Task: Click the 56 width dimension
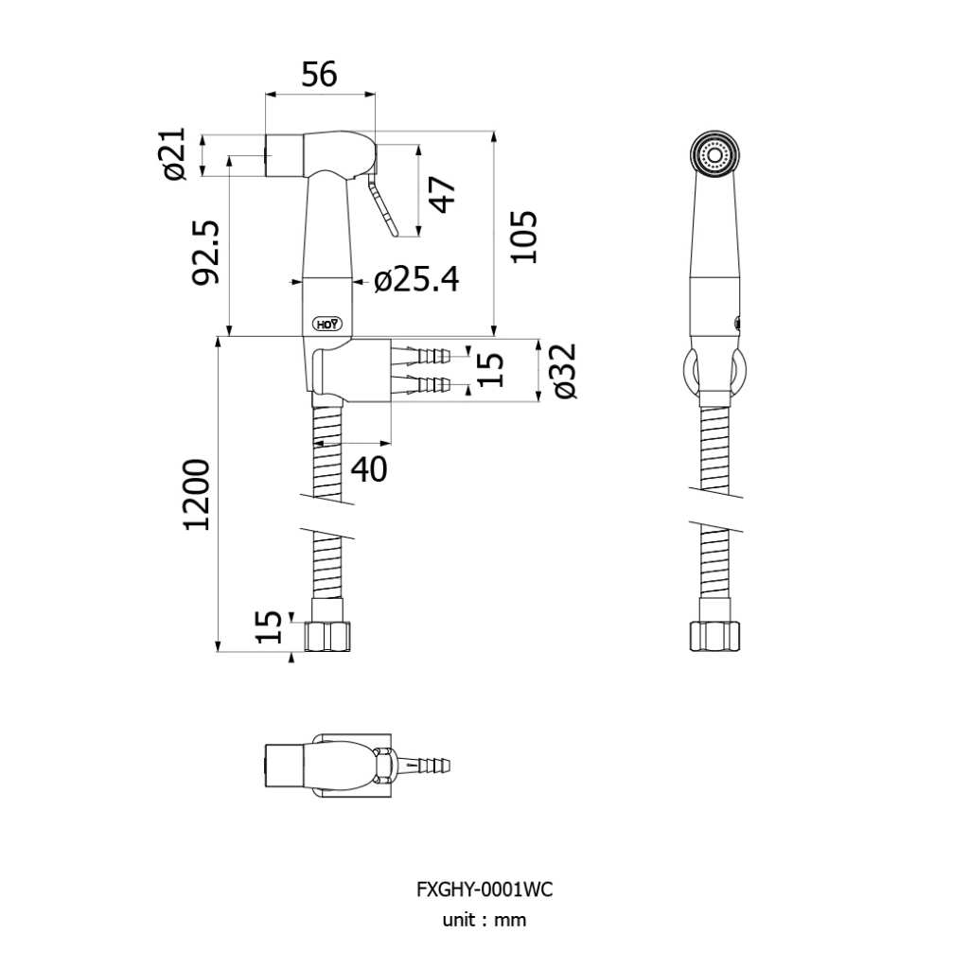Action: tap(319, 74)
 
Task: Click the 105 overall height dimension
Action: tap(523, 237)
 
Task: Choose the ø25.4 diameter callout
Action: tap(415, 280)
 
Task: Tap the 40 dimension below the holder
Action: tap(369, 467)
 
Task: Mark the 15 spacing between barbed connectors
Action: tap(490, 369)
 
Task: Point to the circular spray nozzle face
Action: tap(715, 154)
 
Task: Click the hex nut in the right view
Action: tap(715, 636)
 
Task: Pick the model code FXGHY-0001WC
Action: tap(484, 890)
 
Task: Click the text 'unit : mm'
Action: tap(484, 920)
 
